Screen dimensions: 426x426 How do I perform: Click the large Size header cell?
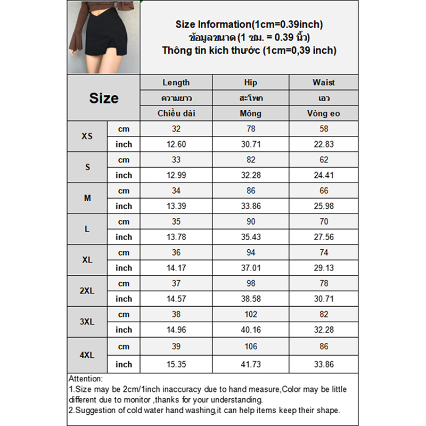coord(103,99)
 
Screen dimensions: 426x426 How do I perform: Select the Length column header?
coord(176,83)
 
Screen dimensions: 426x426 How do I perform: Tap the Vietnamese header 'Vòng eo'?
coord(324,113)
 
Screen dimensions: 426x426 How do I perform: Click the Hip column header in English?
coord(250,83)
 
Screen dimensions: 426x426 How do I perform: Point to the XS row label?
coord(87,136)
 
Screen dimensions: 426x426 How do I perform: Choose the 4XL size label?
coord(87,354)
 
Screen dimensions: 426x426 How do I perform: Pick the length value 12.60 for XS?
coord(176,144)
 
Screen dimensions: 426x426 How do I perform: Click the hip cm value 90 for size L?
coord(250,222)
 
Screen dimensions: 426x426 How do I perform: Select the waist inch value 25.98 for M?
coord(324,206)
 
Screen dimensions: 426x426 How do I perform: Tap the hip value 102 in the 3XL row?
coord(250,314)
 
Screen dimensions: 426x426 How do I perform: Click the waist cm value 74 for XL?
coord(324,252)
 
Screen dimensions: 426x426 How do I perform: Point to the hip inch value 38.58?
coord(250,299)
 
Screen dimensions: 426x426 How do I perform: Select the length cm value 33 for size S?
coord(176,160)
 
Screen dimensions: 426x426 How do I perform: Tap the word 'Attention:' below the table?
coord(86,379)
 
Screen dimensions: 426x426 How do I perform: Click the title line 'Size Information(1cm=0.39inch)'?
coord(249,24)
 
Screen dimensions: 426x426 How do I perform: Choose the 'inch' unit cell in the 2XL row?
coord(124,299)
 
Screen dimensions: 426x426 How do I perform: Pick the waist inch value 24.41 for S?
coord(324,175)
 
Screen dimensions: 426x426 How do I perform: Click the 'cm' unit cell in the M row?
coord(124,191)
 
